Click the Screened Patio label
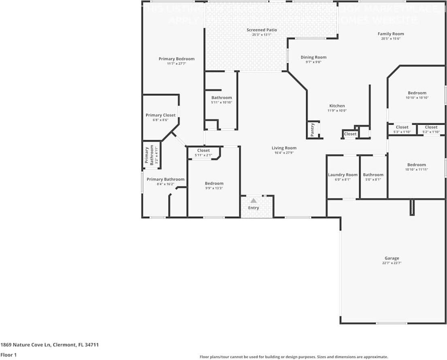(x=262, y=30)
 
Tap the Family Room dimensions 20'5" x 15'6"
(x=391, y=39)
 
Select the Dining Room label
(x=313, y=58)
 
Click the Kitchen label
(x=337, y=106)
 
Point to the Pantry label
(x=312, y=130)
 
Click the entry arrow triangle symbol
(x=253, y=200)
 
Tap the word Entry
(x=253, y=208)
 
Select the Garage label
(x=392, y=258)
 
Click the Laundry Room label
(x=343, y=175)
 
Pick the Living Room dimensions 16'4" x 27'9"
(x=284, y=153)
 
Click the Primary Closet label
(x=161, y=115)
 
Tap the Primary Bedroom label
(x=177, y=59)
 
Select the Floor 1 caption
(x=9, y=355)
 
